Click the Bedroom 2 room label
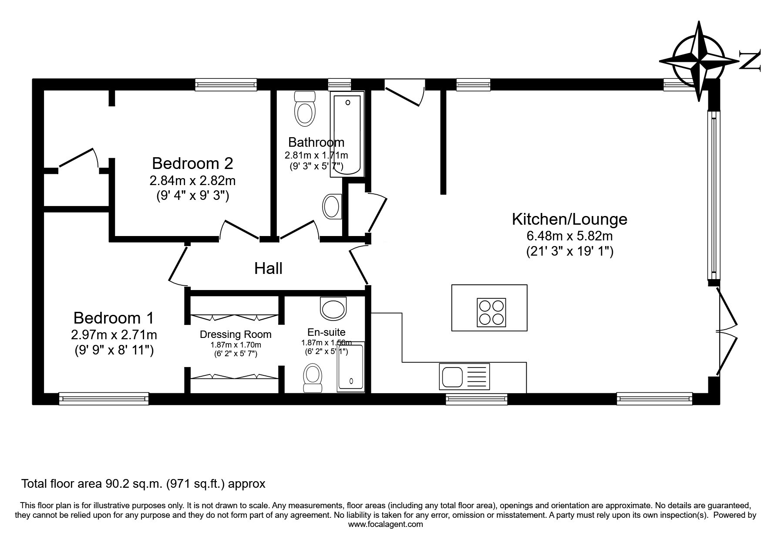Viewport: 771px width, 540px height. (192, 163)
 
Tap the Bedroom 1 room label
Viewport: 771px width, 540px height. (114, 318)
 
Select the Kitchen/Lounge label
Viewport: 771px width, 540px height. (569, 219)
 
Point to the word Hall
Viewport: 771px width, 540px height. (268, 268)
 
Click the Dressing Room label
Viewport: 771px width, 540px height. (236, 334)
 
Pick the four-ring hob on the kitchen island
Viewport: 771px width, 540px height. (492, 312)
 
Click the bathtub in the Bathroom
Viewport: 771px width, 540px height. (347, 134)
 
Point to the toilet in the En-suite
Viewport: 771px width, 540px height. (313, 378)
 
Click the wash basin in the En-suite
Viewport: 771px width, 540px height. (333, 308)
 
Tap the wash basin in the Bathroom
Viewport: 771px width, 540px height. (333, 206)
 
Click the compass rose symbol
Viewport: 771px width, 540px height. (699, 61)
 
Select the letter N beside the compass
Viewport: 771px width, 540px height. (750, 60)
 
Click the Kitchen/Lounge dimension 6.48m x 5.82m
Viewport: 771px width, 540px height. (569, 236)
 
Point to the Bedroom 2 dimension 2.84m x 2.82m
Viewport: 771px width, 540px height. (192, 180)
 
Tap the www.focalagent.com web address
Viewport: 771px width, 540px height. (385, 524)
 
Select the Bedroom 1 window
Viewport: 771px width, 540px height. (104, 398)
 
